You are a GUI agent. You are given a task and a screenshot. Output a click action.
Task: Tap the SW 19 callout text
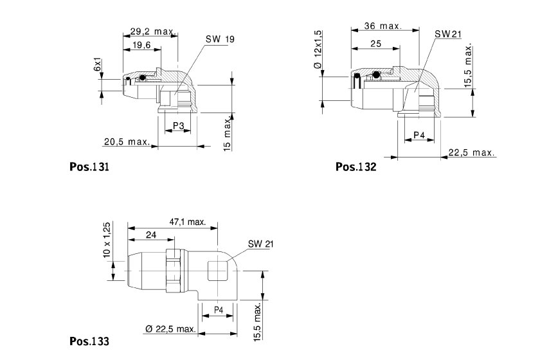220,39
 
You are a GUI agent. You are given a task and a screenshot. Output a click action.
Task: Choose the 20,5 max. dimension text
127,141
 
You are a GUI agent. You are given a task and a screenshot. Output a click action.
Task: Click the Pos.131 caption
89,166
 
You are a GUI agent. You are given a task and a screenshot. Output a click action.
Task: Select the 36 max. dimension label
382,26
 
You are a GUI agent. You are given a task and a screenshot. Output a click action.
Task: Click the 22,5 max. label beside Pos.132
471,152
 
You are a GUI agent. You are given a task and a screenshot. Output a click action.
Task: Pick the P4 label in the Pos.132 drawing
419,135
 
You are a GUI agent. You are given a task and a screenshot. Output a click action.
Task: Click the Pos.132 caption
355,166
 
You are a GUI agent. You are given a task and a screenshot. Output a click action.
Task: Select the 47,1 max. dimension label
187,222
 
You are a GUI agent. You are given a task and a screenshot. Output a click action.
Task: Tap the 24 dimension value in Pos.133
151,235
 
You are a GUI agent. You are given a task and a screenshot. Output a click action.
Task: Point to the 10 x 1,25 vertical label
107,242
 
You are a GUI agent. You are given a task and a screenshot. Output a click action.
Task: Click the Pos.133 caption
89,341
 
